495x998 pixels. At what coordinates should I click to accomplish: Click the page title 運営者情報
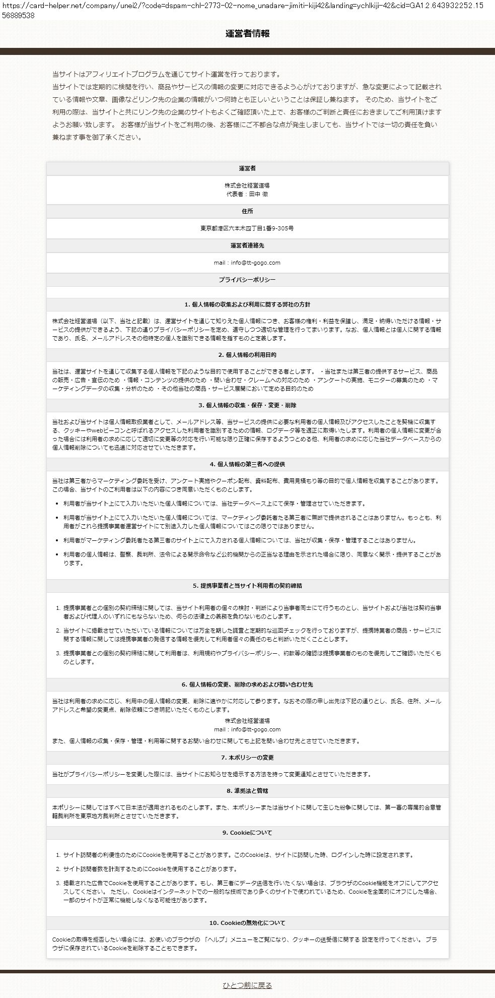[x=247, y=34]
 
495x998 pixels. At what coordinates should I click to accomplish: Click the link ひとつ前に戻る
[x=247, y=985]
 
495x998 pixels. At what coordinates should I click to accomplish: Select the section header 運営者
[x=247, y=168]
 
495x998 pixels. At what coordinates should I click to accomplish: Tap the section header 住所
[x=247, y=211]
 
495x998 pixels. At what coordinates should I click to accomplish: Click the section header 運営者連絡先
[x=247, y=245]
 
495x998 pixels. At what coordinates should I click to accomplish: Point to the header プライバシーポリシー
[x=247, y=280]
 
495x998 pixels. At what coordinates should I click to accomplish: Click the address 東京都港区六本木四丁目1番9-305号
[x=247, y=228]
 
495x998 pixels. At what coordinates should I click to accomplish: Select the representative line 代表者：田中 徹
[x=247, y=194]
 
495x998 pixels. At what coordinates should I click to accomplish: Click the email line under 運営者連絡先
[x=247, y=263]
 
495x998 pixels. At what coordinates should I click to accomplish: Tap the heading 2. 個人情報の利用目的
[x=247, y=355]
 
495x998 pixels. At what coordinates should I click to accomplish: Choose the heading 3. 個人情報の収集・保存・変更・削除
[x=247, y=405]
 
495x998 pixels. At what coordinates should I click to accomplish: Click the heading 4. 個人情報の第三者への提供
[x=247, y=464]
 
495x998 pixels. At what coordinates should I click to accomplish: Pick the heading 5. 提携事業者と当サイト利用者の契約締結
[x=247, y=586]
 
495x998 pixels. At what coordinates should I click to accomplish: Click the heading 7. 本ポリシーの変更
[x=247, y=758]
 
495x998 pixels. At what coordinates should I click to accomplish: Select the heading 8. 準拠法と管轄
[x=247, y=791]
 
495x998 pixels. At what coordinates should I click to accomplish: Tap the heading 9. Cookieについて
[x=247, y=833]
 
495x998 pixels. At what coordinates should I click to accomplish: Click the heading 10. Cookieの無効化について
[x=247, y=923]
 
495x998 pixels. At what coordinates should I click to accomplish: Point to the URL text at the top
[x=247, y=10]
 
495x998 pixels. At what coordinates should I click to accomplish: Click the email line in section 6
[x=247, y=729]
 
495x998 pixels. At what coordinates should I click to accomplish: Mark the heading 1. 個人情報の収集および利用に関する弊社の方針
[x=247, y=305]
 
